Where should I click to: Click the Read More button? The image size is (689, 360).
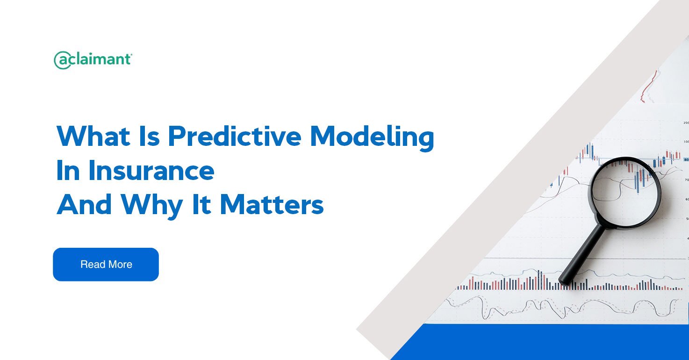106,264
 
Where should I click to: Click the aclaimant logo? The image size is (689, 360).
93,60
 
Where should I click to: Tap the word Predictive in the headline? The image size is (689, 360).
234,136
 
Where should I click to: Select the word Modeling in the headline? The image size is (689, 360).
372,138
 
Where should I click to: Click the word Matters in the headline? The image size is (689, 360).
272,205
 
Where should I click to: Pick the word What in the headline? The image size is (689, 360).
93,136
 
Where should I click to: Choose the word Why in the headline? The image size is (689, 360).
152,207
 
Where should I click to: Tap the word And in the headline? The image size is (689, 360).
84,205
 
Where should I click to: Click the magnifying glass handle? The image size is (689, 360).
582,254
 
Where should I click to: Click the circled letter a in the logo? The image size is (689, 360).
63,60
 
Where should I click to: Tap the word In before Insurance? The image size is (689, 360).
68,170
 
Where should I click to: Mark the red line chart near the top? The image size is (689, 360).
648,87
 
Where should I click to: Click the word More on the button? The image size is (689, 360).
120,264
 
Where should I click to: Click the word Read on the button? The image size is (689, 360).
93,264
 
